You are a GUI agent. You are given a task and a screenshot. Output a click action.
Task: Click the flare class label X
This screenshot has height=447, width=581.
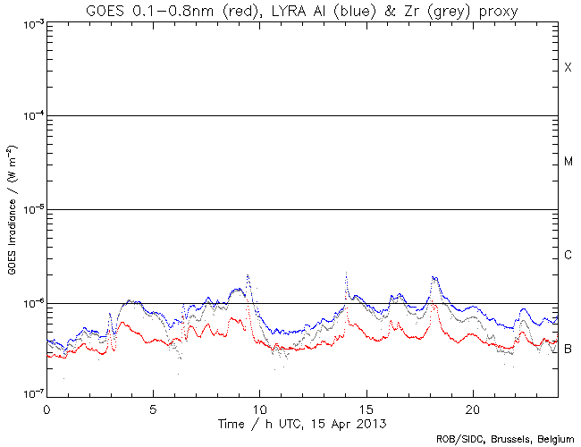pyautogui.click(x=568, y=68)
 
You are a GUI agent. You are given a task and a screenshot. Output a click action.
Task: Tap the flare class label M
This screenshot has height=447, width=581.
pyautogui.click(x=568, y=162)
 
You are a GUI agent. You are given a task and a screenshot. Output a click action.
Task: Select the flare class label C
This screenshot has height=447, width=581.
pyautogui.click(x=568, y=256)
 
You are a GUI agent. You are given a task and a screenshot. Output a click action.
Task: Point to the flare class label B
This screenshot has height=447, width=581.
pyautogui.click(x=568, y=348)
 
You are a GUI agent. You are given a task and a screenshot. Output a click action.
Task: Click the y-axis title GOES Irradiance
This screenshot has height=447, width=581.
pyautogui.click(x=12, y=209)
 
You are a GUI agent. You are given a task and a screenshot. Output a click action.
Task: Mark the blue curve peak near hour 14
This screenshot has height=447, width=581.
pyautogui.click(x=346, y=273)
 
